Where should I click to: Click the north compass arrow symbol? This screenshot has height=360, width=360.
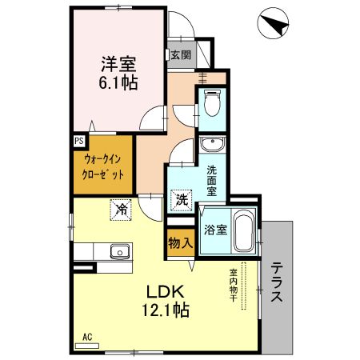coord(275,26)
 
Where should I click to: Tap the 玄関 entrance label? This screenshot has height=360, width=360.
coord(181,55)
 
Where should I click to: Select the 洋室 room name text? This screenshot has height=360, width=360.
coord(118,62)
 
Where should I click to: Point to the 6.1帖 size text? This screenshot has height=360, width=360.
coord(118,82)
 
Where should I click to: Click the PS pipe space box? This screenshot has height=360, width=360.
coord(79,140)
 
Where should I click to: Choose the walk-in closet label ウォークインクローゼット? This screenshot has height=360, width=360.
coord(104,166)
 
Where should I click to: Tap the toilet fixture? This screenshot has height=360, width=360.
coord(212,105)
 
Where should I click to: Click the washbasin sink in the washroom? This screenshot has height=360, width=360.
coord(212,145)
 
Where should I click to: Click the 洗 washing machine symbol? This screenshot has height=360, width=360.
coord(182,199)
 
